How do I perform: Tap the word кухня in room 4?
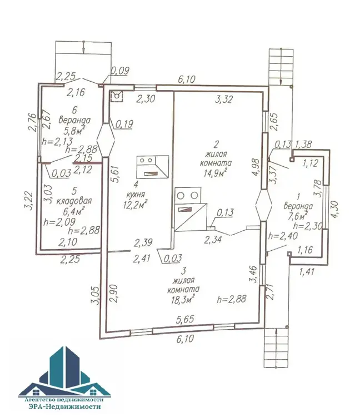click(x=136, y=195)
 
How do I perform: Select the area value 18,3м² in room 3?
click(x=183, y=299)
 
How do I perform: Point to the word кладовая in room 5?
click(x=74, y=201)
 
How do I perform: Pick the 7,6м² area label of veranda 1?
click(x=298, y=216)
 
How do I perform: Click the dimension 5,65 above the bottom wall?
click(x=185, y=319)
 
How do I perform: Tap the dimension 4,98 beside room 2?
click(x=256, y=167)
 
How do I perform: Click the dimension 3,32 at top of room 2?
click(x=224, y=99)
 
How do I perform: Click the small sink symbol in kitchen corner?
click(x=117, y=96)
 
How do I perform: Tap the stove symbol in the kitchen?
click(x=153, y=167)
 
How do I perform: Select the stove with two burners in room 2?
click(x=191, y=209)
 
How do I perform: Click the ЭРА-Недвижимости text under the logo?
click(x=64, y=406)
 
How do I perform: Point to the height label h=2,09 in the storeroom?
click(x=59, y=222)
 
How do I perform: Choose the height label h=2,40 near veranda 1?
click(x=283, y=236)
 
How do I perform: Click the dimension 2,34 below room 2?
click(x=213, y=239)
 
